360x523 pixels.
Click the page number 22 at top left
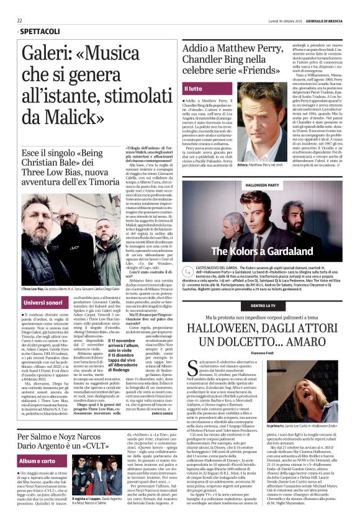pos(19,20)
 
